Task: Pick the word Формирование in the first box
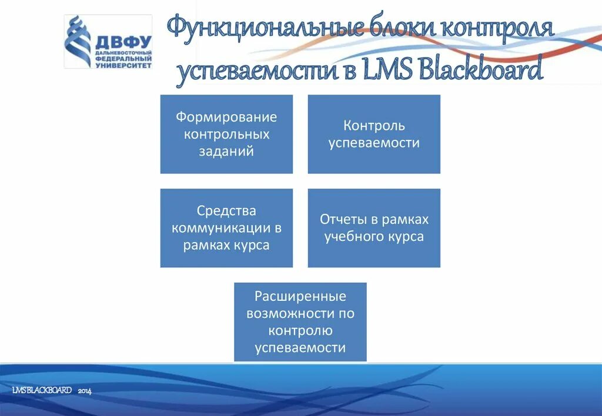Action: pyautogui.click(x=226, y=117)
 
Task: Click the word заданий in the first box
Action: pyautogui.click(x=226, y=151)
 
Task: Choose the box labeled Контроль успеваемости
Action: pyautogui.click(x=374, y=134)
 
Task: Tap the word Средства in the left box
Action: pyautogui.click(x=226, y=210)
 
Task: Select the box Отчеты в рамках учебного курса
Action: pyautogui.click(x=374, y=228)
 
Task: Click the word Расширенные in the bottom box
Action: pyautogui.click(x=300, y=296)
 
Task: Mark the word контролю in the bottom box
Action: pyautogui.click(x=300, y=330)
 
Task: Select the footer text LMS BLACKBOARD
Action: pyautogui.click(x=42, y=391)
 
